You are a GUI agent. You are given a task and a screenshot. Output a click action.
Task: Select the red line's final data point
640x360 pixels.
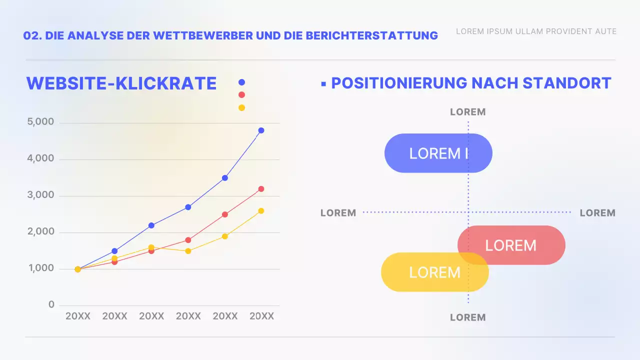(x=261, y=189)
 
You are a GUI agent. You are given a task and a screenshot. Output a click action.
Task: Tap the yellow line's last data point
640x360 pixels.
(x=261, y=211)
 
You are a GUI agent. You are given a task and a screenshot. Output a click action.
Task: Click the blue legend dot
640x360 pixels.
(x=242, y=82)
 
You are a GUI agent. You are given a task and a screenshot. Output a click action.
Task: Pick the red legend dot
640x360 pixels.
(x=242, y=95)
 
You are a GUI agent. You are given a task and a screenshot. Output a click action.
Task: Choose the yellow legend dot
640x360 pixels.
(x=242, y=107)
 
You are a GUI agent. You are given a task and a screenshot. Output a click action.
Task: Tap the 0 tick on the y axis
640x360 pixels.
(x=51, y=304)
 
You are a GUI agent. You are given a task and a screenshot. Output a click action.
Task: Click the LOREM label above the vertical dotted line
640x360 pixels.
(x=467, y=112)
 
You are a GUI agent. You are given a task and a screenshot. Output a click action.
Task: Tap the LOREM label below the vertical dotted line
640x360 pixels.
(x=467, y=317)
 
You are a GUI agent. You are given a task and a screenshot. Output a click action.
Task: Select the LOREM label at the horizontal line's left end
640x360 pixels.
(x=338, y=213)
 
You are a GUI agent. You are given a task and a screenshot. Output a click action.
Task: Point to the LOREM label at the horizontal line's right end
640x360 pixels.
(x=597, y=213)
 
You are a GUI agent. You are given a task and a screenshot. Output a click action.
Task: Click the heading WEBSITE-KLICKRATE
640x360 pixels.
(x=121, y=83)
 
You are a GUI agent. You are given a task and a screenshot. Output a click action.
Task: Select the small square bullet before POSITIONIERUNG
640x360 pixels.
(x=323, y=83)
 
